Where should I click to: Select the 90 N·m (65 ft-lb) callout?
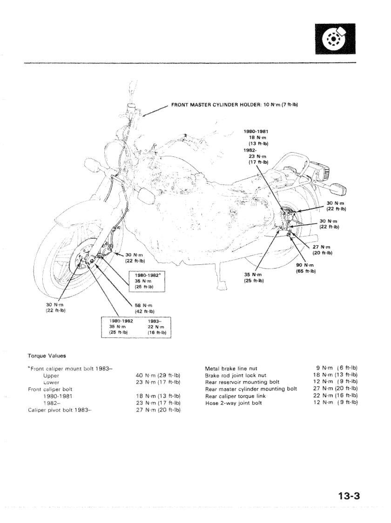click(x=306, y=268)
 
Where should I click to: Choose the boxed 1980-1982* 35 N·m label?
click(x=148, y=281)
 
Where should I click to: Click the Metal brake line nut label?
click(x=231, y=369)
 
